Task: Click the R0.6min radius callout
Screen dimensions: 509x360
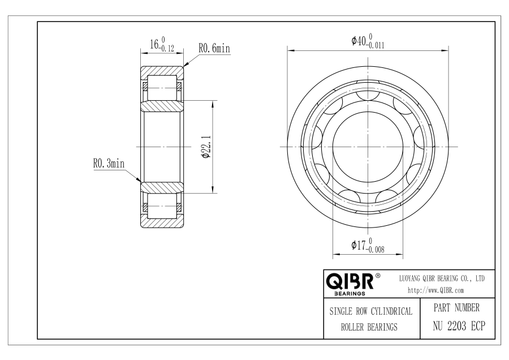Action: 214,49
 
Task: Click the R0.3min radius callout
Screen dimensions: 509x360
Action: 109,163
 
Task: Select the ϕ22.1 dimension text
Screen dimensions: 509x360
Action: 206,147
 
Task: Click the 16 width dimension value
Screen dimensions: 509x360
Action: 154,44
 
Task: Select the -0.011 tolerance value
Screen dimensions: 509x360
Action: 376,45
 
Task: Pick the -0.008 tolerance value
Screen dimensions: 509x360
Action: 376,250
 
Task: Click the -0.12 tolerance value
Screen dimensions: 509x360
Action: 167,49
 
